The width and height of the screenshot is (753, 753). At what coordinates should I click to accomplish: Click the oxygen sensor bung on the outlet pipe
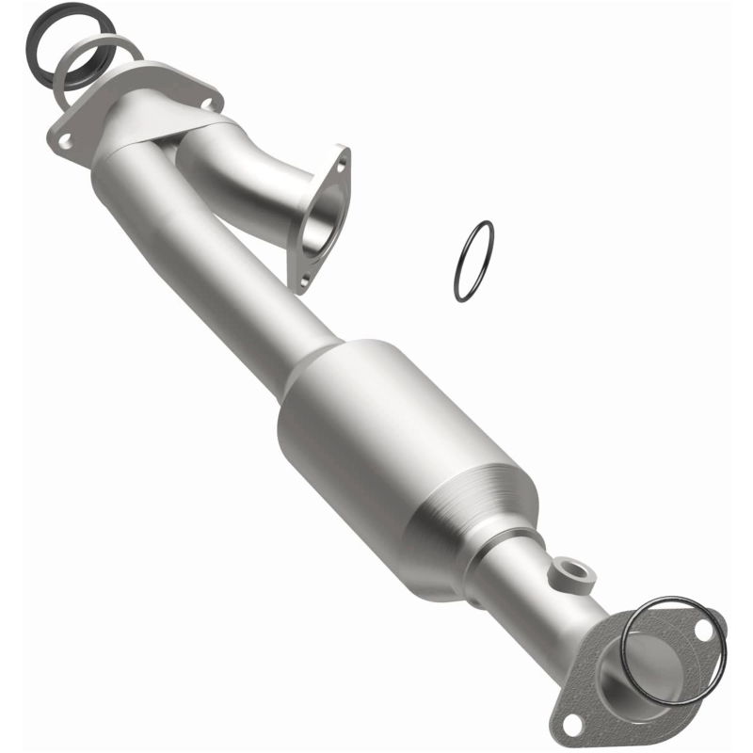coord(569,570)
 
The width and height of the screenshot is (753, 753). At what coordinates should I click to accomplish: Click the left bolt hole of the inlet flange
coord(65,139)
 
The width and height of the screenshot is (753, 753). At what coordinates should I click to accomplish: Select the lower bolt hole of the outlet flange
coord(571,722)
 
